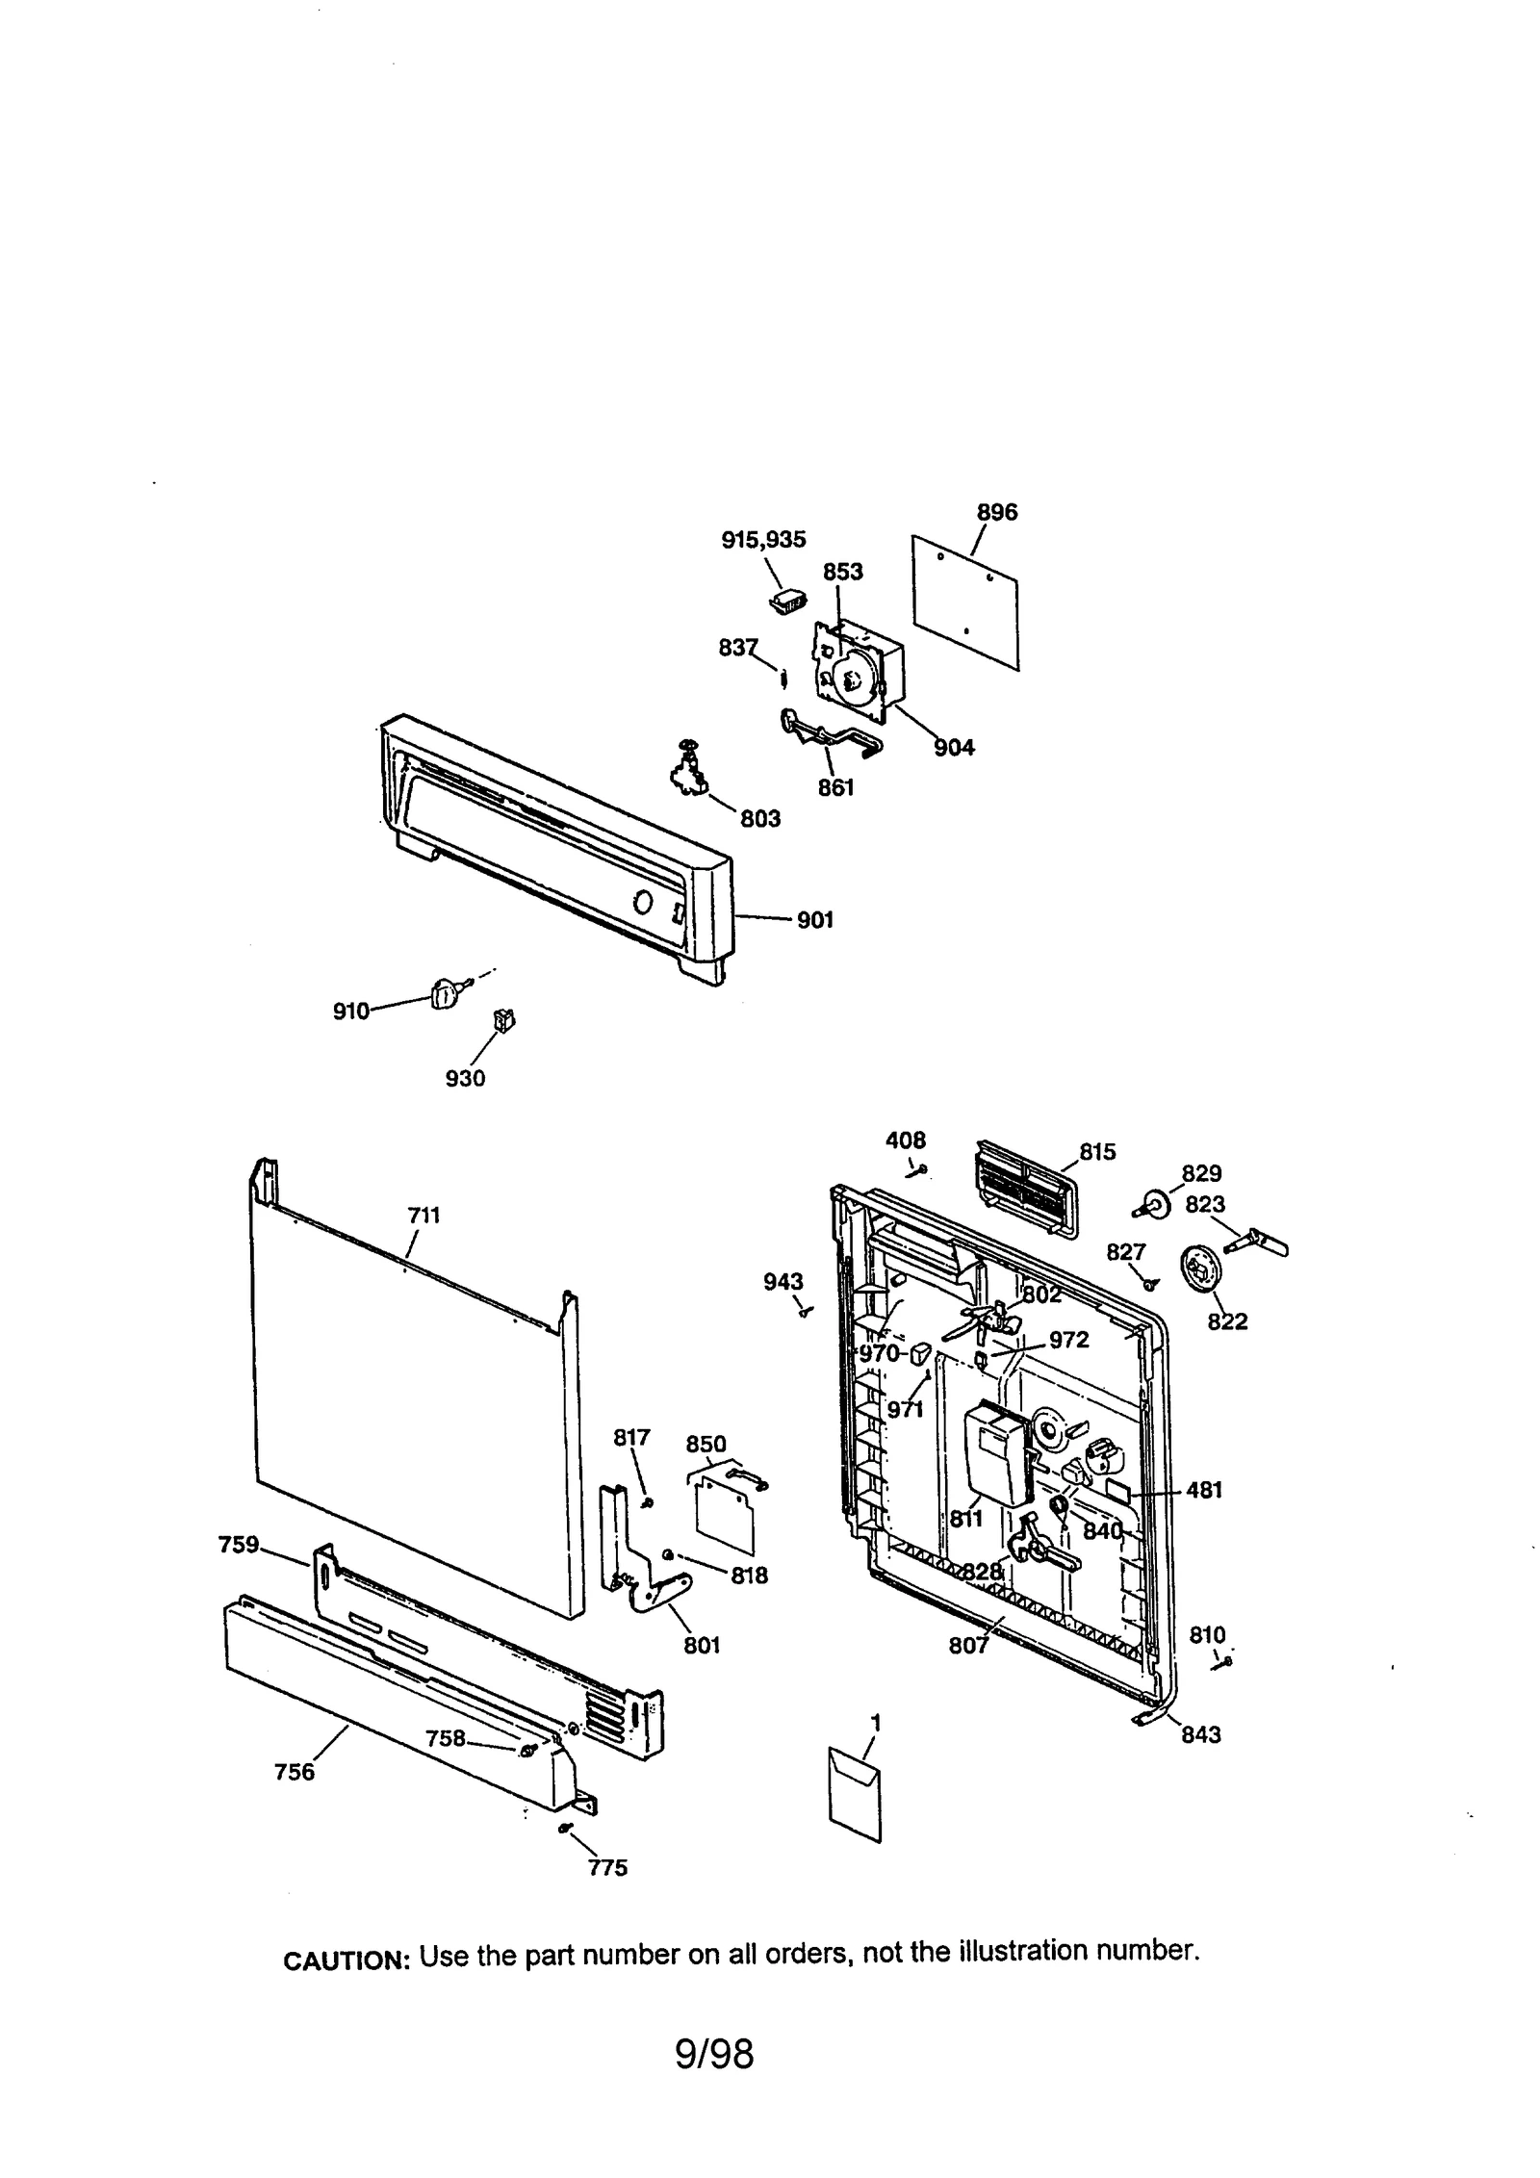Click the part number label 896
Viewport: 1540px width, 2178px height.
point(996,512)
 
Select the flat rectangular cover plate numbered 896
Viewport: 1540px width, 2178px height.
point(964,602)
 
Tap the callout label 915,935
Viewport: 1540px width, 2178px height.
point(763,539)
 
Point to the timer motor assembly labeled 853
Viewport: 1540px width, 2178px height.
point(859,672)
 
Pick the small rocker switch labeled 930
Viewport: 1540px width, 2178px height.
point(503,1019)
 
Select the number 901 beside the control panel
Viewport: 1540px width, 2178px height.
point(814,920)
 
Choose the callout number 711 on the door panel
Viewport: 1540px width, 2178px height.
point(423,1216)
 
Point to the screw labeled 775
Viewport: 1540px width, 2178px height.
point(565,1828)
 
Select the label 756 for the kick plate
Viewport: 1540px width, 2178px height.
point(295,1772)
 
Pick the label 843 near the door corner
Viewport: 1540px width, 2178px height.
point(1200,1734)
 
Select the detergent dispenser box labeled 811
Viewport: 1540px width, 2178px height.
point(998,1454)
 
